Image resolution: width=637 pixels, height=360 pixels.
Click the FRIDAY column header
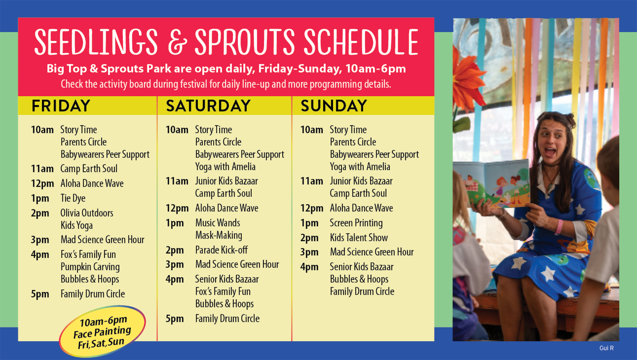coord(61,106)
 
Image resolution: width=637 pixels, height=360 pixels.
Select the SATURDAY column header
coord(208,106)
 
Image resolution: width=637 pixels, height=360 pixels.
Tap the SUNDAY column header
coord(334,106)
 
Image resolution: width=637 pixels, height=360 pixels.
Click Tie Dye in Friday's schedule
coord(73,198)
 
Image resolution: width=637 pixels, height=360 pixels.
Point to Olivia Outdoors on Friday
coord(87,213)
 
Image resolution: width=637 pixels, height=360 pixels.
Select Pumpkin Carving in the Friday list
coord(90,267)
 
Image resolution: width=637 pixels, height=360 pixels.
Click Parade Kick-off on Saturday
coord(222,250)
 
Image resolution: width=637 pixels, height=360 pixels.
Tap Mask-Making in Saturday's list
coord(219,236)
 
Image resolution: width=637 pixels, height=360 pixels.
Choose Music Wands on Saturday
coord(218,223)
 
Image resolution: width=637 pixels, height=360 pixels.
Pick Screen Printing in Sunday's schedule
coord(356,223)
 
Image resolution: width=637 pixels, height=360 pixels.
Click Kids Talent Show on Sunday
coord(359,238)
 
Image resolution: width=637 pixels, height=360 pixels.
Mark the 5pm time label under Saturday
coord(175,319)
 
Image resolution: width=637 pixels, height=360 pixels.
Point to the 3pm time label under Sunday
coord(309,252)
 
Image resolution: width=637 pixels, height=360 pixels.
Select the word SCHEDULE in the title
coord(361,42)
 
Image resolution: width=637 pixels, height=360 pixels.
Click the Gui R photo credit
coord(607,348)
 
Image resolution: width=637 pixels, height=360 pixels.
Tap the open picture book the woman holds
coord(492,184)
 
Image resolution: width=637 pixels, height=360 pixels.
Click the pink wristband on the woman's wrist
coord(559,227)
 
